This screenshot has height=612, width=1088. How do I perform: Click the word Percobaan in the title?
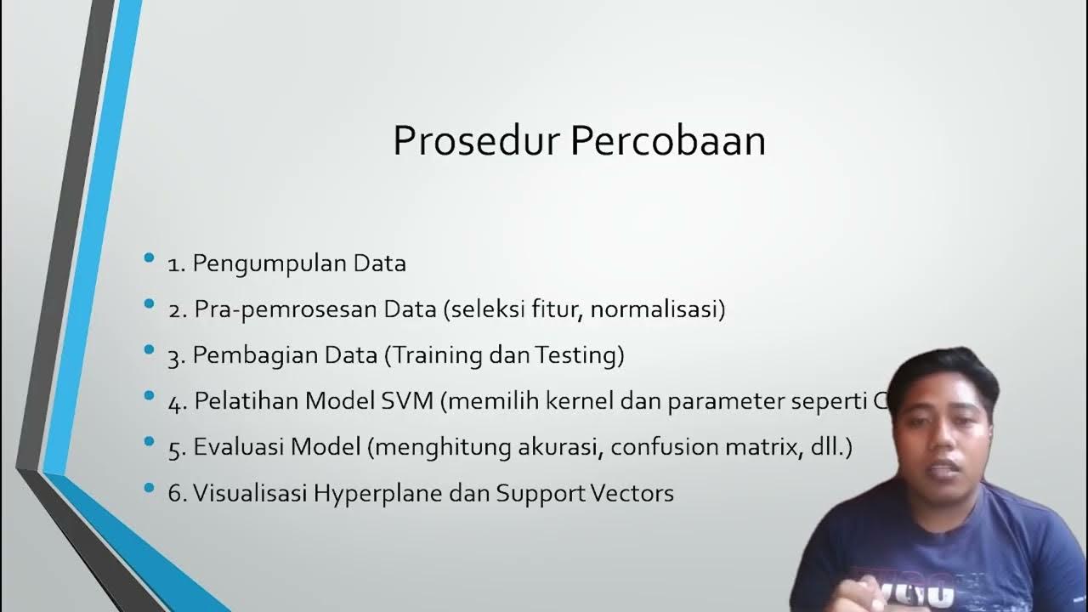(x=668, y=141)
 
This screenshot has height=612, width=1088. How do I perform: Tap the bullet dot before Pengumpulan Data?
(x=150, y=258)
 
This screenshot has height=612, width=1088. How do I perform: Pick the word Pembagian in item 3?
(x=246, y=355)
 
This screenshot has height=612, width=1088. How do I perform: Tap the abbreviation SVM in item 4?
(x=410, y=401)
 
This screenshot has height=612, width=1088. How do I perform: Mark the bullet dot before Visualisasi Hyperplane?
(x=150, y=487)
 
